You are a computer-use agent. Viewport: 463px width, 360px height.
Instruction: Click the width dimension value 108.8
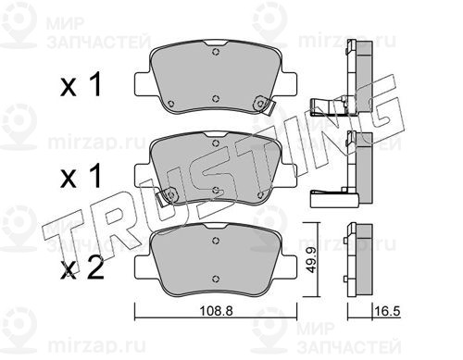pos(216,311)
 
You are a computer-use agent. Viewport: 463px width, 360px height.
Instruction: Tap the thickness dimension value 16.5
pos(387,311)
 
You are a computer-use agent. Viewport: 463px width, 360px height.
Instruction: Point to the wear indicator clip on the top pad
pos(264,105)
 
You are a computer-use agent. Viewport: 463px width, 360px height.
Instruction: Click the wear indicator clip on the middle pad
pos(167,197)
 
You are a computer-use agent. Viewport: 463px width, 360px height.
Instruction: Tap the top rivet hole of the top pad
pos(216,52)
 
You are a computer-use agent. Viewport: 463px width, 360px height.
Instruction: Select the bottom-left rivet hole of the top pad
pos(171,104)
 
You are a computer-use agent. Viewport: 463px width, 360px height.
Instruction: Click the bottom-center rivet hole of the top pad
pos(216,98)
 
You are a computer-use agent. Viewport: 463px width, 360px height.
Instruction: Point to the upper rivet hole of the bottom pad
pos(216,241)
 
